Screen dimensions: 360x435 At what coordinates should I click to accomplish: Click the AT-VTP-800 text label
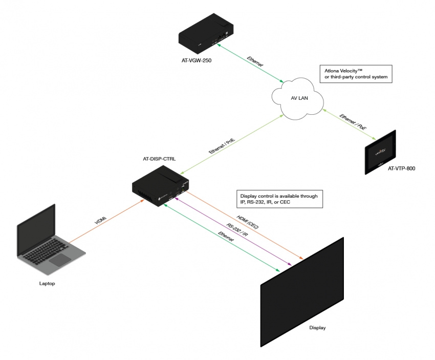(401, 168)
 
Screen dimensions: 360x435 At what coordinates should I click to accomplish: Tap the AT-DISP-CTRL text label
(159, 159)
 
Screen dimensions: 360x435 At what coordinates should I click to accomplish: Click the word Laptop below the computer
(47, 283)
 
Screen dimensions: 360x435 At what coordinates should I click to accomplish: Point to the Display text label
(317, 327)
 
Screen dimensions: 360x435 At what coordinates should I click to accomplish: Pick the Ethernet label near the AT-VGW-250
(254, 62)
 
